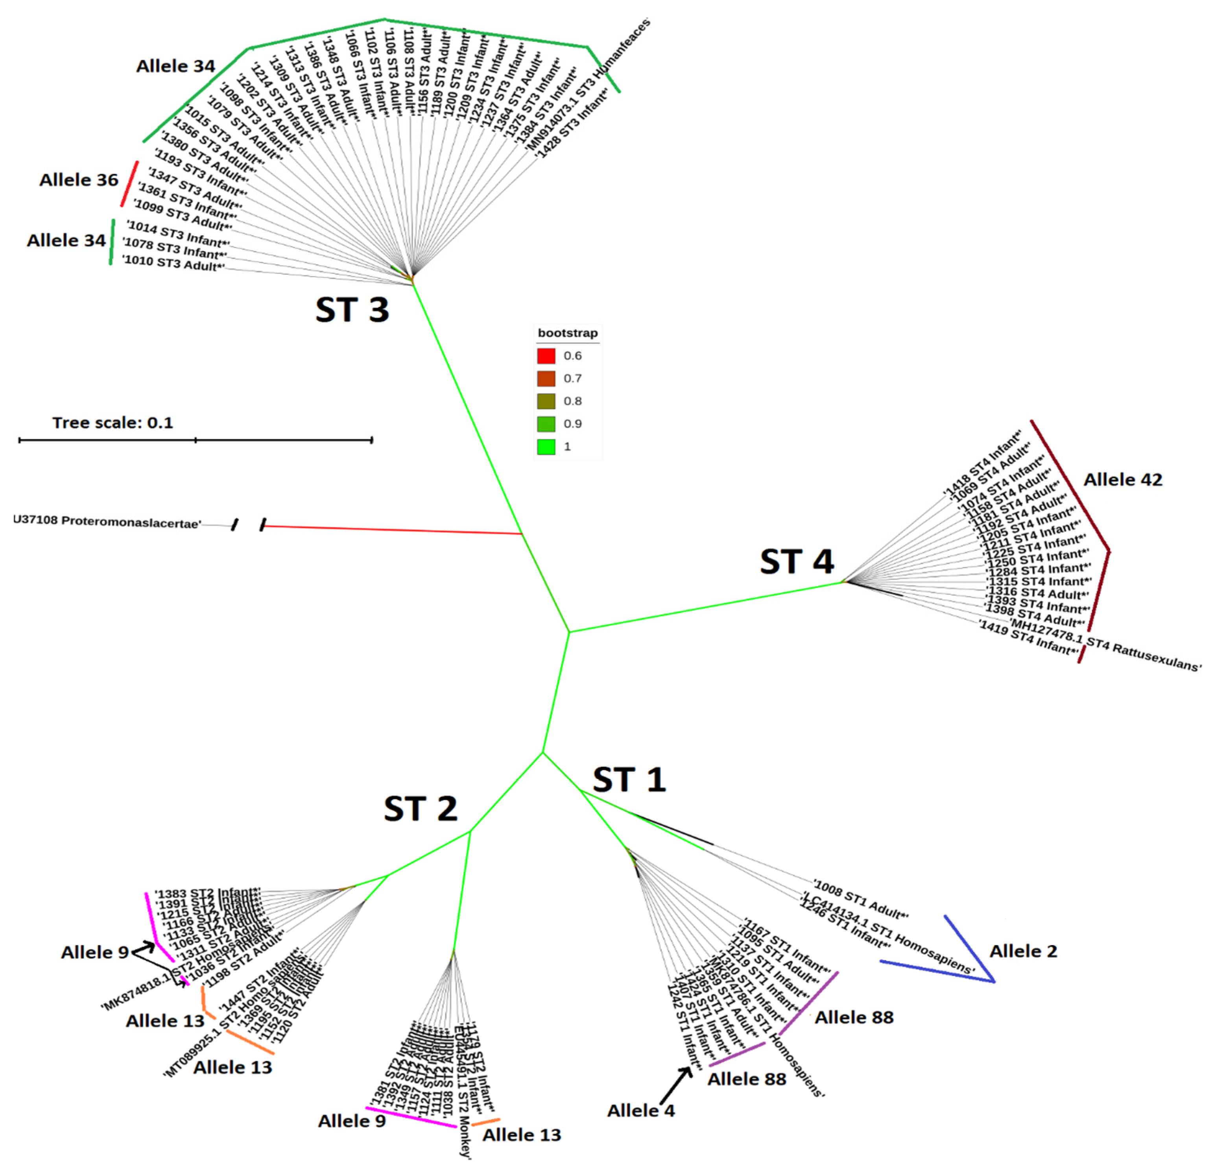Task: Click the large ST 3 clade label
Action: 352,310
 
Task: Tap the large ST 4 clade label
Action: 797,562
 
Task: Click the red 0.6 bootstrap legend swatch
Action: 546,356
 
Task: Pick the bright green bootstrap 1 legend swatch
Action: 546,446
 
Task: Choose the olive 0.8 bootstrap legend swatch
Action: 546,401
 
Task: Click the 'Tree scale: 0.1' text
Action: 113,423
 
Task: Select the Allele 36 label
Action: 79,180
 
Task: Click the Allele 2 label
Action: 1023,951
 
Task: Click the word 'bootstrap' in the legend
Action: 567,333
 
